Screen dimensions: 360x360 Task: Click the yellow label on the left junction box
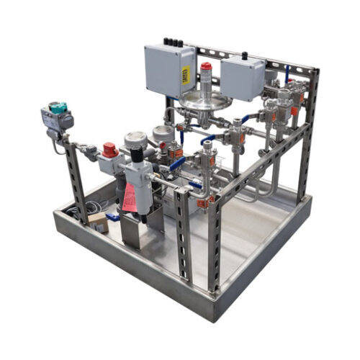point(185,78)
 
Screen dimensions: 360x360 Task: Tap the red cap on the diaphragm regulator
point(207,67)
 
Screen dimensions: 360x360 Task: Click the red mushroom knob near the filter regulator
point(109,150)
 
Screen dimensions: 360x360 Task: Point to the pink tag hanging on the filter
point(130,197)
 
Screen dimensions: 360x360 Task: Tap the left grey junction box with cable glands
point(168,70)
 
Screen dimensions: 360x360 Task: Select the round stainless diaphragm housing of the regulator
point(205,100)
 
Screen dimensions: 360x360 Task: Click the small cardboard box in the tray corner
point(96,222)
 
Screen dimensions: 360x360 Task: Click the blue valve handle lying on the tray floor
point(112,217)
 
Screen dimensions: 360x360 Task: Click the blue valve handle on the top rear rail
point(287,73)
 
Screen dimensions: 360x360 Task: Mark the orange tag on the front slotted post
point(211,203)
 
